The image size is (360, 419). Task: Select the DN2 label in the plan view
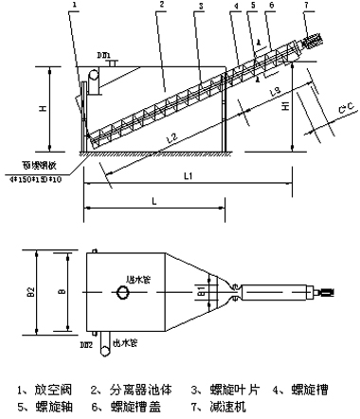tap(87, 347)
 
